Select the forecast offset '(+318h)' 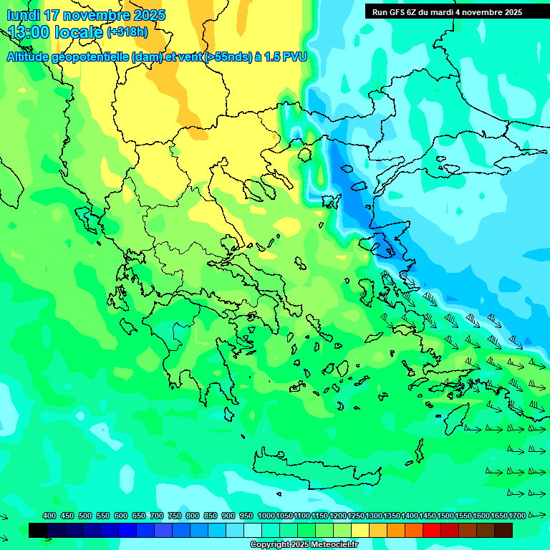click(127, 32)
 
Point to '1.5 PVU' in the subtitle click(286, 57)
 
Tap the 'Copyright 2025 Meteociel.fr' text click(304, 545)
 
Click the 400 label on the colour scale click(49, 516)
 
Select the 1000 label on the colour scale click(266, 516)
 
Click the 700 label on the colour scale click(157, 516)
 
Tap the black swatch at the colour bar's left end click(38, 530)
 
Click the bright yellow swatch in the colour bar click(360, 530)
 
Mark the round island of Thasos click(305, 153)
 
